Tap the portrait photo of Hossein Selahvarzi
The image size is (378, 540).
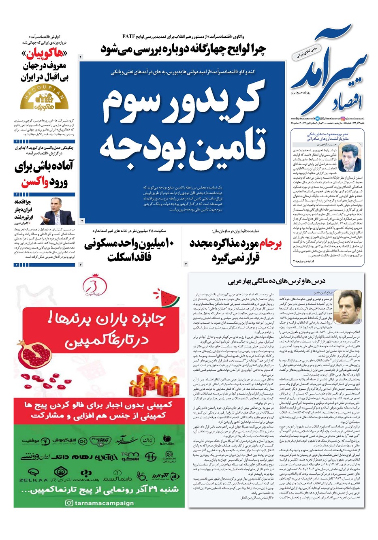349,158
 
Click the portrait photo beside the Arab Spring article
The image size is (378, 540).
349,306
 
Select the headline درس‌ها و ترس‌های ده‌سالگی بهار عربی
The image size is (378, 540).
277,281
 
